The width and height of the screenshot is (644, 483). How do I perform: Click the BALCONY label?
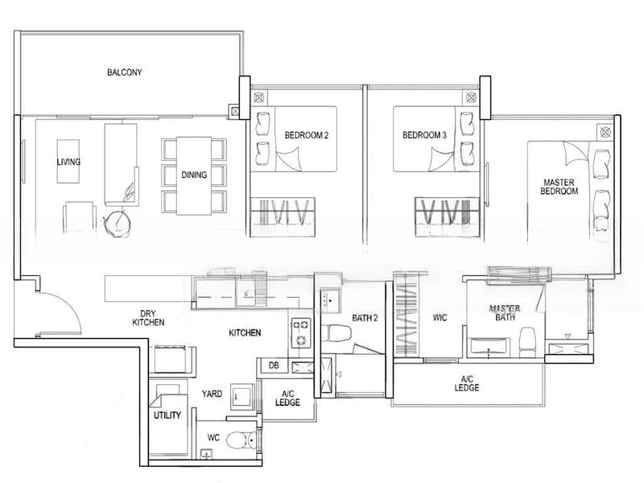click(x=125, y=72)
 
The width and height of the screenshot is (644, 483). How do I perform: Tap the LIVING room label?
click(x=68, y=162)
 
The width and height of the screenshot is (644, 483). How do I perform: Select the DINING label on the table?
click(x=194, y=175)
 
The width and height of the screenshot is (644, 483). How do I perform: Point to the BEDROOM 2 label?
click(x=307, y=135)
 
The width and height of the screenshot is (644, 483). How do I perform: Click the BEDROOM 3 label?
click(x=424, y=134)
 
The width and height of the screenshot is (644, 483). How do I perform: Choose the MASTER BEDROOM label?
click(x=559, y=187)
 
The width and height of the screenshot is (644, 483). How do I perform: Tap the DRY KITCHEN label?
click(x=148, y=318)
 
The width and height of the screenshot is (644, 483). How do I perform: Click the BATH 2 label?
click(x=365, y=318)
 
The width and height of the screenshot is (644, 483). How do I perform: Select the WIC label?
click(x=440, y=318)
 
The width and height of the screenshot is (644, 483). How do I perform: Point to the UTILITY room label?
click(x=167, y=415)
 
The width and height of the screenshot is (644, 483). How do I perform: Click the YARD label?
click(x=212, y=394)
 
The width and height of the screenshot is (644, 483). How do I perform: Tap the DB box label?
click(x=274, y=365)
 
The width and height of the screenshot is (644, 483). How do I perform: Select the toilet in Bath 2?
click(x=336, y=332)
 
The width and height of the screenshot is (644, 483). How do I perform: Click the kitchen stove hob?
click(x=300, y=332)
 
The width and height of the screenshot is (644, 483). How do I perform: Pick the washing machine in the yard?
click(x=243, y=396)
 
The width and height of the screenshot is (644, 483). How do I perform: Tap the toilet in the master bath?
click(x=527, y=342)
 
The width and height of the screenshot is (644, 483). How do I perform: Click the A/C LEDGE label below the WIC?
click(x=467, y=383)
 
